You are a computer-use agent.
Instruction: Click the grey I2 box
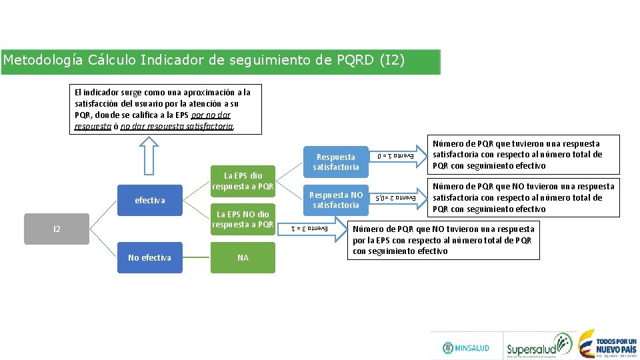coord(57,229)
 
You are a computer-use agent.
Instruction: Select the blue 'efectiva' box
coord(149,200)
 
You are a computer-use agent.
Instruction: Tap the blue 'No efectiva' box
coord(149,257)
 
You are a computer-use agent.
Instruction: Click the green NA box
coord(243,257)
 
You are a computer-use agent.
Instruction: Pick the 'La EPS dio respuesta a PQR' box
coord(243,181)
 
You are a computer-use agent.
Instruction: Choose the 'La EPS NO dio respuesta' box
coord(243,219)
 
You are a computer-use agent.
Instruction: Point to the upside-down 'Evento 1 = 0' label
coord(395,156)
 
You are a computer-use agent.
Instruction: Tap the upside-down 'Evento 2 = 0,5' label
coord(395,197)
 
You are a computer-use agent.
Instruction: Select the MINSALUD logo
coord(466,347)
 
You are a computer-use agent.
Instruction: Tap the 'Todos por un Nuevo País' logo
coord(607,343)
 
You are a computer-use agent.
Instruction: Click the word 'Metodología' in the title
coord(43,61)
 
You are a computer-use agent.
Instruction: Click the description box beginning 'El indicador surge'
coord(165,109)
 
